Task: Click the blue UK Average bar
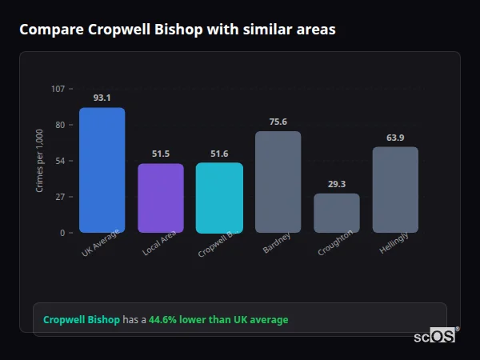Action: click(x=102, y=170)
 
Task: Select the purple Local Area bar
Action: click(x=161, y=198)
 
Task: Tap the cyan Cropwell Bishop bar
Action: click(x=219, y=198)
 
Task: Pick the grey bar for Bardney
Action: click(x=278, y=182)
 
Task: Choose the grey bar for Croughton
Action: click(x=337, y=213)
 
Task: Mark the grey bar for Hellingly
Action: click(x=395, y=190)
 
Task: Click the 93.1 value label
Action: click(x=102, y=98)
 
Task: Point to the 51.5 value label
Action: click(x=161, y=154)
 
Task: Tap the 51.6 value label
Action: click(x=219, y=154)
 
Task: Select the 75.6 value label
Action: click(x=278, y=122)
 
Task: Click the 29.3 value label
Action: click(x=337, y=184)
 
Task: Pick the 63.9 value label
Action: click(x=395, y=138)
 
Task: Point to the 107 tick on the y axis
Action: click(x=58, y=89)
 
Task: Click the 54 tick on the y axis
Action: click(x=60, y=161)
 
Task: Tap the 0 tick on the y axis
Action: click(x=62, y=233)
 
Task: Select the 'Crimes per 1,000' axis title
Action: click(x=39, y=161)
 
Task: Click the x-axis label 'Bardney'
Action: click(x=277, y=243)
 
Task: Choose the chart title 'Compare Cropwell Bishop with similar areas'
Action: click(x=177, y=30)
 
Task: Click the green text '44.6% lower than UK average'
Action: click(x=218, y=320)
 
